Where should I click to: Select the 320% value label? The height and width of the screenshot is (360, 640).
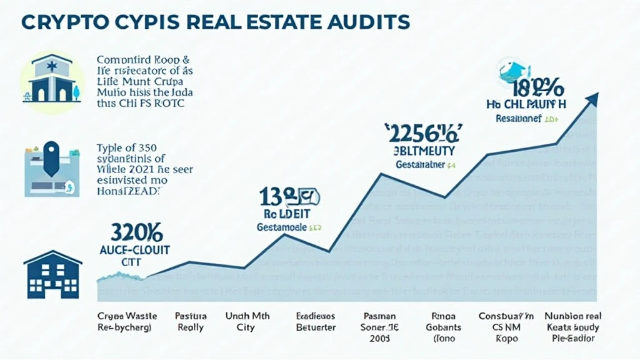137,234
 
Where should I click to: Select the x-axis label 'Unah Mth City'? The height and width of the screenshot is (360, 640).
247,321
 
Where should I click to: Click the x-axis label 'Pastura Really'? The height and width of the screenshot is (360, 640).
190,321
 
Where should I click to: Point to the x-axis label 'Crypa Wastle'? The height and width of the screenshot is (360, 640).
124,316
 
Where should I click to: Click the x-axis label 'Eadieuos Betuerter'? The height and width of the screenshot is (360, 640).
316,321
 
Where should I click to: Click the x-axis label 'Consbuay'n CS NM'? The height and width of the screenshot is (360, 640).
506,321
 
